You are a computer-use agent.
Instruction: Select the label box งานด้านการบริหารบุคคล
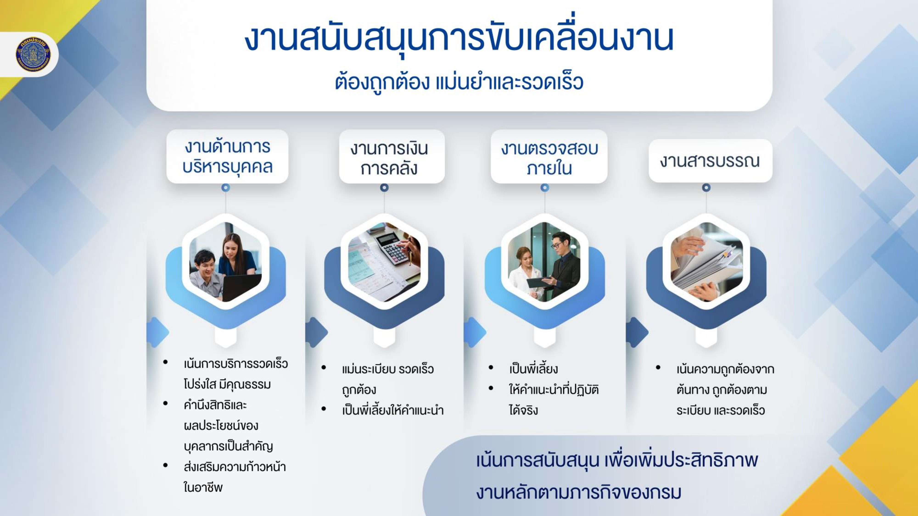click(x=227, y=156)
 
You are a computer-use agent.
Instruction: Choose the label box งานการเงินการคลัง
click(x=392, y=156)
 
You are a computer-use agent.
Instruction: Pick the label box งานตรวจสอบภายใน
click(x=549, y=156)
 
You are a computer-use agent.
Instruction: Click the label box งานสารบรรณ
click(x=710, y=161)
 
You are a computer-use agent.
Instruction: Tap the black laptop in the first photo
click(x=241, y=287)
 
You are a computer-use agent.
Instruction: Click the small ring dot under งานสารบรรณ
click(x=706, y=187)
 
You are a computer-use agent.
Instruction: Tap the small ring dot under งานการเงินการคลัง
click(x=384, y=187)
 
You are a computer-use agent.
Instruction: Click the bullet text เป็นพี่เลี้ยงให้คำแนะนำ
click(x=393, y=410)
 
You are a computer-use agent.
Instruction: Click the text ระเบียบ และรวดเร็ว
click(x=721, y=410)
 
